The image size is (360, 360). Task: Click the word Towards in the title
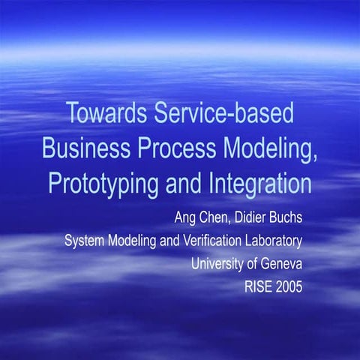pos(105,114)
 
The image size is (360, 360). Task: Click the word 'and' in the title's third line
pos(179,182)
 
